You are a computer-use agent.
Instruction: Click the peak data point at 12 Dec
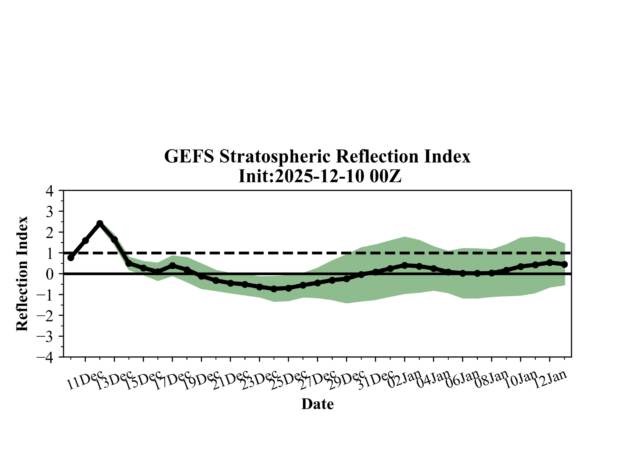tap(100, 223)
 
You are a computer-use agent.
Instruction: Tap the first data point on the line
tap(71, 258)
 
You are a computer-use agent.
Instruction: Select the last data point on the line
tap(565, 264)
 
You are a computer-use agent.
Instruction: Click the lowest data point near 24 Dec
tap(274, 289)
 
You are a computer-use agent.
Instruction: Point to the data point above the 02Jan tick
tap(404, 265)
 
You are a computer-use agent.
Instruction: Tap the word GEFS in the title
tap(189, 156)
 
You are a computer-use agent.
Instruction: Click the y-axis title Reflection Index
tap(22, 274)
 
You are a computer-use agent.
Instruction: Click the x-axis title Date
tap(317, 404)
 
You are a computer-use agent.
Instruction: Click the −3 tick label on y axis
tap(45, 336)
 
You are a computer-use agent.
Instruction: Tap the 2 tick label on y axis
tap(50, 232)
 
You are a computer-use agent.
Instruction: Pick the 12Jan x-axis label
tap(550, 379)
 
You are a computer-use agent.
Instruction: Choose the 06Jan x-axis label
tap(462, 379)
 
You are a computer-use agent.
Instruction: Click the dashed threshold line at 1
tap(317, 253)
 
